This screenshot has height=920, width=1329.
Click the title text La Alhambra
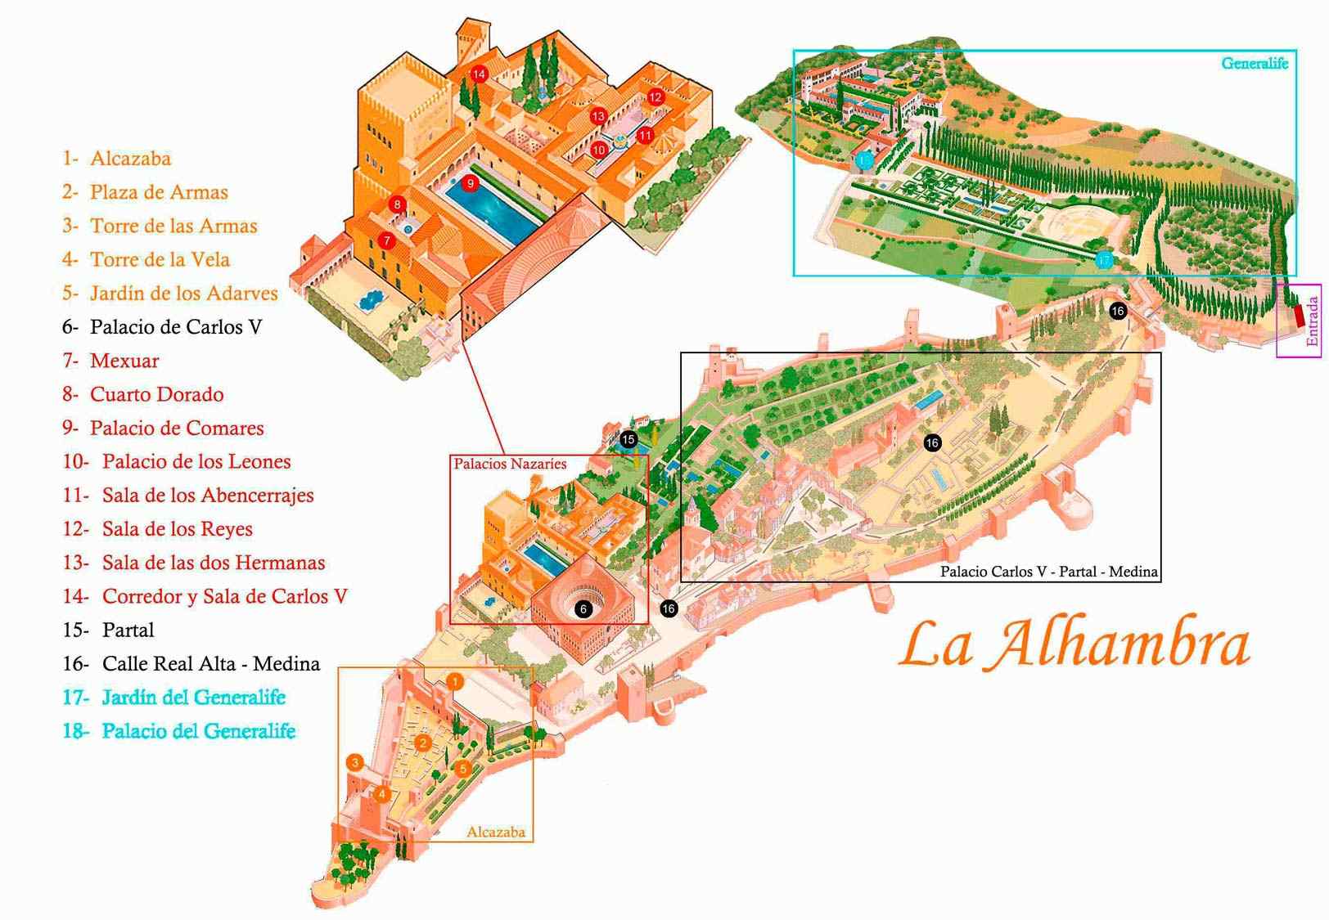tap(1074, 644)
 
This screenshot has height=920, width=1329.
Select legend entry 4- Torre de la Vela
tap(147, 260)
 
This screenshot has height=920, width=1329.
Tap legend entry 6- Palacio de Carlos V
tap(162, 327)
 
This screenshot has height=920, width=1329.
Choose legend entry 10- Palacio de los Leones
tap(177, 462)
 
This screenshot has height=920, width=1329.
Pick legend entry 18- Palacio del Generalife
tap(179, 731)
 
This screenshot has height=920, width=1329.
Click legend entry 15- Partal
tap(109, 631)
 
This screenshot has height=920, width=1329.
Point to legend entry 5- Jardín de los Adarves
tap(170, 294)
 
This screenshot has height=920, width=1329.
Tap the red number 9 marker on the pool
tap(470, 183)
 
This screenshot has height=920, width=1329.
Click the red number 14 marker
tap(479, 74)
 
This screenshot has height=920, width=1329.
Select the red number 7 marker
tap(387, 240)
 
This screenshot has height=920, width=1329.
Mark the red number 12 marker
tap(655, 97)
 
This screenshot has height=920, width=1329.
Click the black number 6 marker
tap(583, 609)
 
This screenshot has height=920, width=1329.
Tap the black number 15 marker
tap(628, 440)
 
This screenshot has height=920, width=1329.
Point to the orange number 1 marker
tap(456, 681)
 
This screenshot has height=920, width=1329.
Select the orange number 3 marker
tap(355, 762)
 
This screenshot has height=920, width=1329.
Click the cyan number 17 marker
tap(1104, 261)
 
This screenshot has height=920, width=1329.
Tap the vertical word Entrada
tap(1313, 321)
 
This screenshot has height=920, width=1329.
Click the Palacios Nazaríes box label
tap(510, 464)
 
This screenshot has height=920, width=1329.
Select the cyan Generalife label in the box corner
tap(1254, 63)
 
